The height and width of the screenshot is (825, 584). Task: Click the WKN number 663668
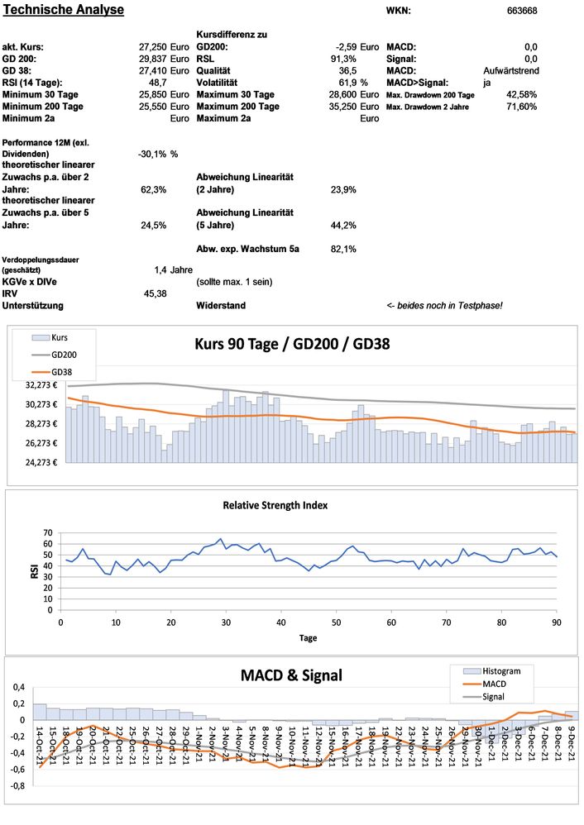[x=521, y=11]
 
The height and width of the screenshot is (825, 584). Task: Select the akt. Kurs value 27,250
[x=152, y=47]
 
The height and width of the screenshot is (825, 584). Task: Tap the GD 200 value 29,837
[x=152, y=59]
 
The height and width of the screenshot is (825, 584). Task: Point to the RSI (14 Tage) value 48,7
[x=158, y=83]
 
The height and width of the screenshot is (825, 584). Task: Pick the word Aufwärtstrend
[x=510, y=71]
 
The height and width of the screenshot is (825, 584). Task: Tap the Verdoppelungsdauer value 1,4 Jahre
[x=173, y=269]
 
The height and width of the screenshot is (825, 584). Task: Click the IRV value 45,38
[x=155, y=293]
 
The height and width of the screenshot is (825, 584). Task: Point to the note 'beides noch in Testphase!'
[x=450, y=306]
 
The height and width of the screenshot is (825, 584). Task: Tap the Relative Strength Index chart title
[x=275, y=504]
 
